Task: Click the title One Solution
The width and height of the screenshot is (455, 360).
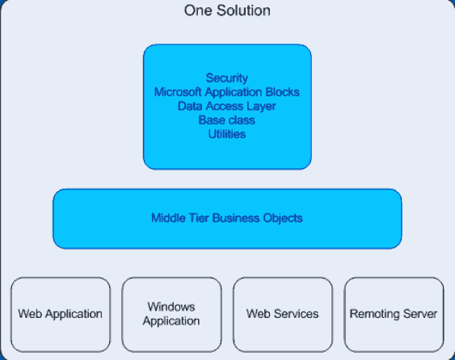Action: pyautogui.click(x=227, y=11)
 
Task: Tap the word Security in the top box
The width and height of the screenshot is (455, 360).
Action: pyautogui.click(x=227, y=78)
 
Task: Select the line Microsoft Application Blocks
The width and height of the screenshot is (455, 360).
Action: pyautogui.click(x=227, y=91)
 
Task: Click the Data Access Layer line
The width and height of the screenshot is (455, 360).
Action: pyautogui.click(x=227, y=106)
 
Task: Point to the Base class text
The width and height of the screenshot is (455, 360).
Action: pyautogui.click(x=227, y=120)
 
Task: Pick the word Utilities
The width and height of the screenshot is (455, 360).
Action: pyautogui.click(x=227, y=134)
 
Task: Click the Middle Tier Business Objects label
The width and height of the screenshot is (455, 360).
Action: pyautogui.click(x=227, y=218)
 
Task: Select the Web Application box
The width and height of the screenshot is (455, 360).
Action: pyautogui.click(x=61, y=315)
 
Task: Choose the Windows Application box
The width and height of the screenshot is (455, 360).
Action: pyautogui.click(x=171, y=315)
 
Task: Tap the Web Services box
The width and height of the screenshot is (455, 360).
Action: pyautogui.click(x=283, y=315)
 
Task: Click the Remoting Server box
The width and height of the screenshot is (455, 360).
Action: pyautogui.click(x=394, y=315)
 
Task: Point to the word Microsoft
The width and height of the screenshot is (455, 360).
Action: pyautogui.click(x=178, y=91)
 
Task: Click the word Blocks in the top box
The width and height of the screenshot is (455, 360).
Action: pyautogui.click(x=283, y=91)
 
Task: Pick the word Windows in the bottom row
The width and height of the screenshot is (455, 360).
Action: pyautogui.click(x=171, y=307)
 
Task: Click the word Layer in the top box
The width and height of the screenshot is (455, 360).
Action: pyautogui.click(x=261, y=106)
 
